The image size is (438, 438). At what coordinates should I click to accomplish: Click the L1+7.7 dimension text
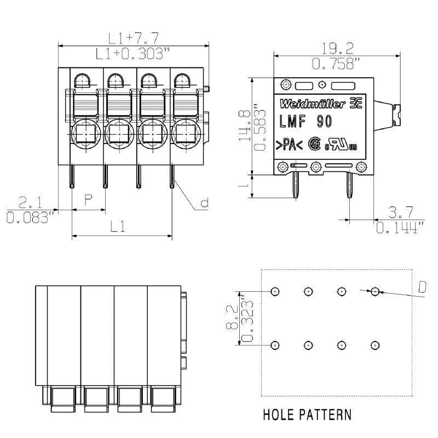(x=133, y=38)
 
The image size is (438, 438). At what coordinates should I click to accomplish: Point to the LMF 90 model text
(x=306, y=122)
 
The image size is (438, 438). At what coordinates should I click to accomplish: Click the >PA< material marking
(x=286, y=145)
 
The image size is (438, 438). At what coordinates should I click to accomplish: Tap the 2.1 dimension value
(x=31, y=201)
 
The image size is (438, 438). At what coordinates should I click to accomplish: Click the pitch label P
(x=88, y=200)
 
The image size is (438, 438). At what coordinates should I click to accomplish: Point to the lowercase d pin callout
(x=204, y=204)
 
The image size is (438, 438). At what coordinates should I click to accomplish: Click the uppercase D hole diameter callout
(x=422, y=287)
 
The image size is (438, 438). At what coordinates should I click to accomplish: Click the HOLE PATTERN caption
(x=307, y=414)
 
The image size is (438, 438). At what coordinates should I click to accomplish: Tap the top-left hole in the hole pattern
(x=275, y=291)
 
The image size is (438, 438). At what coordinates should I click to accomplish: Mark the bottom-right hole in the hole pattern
(x=374, y=345)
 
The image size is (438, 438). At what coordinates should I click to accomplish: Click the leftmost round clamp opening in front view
(x=84, y=132)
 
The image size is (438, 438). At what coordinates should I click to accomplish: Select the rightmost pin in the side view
(x=349, y=189)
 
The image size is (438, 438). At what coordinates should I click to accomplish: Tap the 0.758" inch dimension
(x=336, y=63)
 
